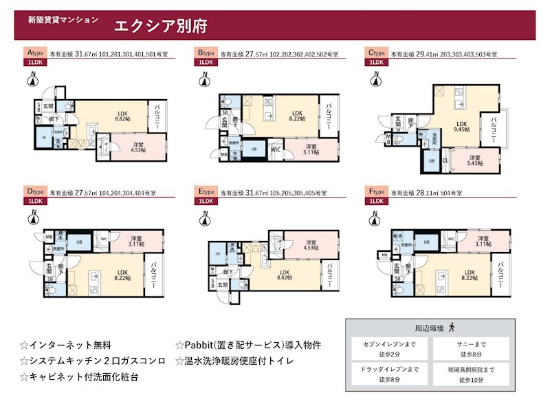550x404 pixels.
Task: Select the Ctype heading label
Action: pyautogui.click(x=376, y=52)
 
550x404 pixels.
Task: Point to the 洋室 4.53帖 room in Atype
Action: pyautogui.click(x=137, y=146)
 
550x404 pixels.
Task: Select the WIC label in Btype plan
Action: pyautogui.click(x=275, y=149)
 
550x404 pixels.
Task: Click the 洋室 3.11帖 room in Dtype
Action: pyautogui.click(x=136, y=241)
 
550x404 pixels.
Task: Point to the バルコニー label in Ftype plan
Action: pyautogui.click(x=502, y=274)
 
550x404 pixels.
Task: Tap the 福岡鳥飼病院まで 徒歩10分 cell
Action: pyautogui.click(x=473, y=374)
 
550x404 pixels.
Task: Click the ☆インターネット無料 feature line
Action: pyautogui.click(x=65, y=345)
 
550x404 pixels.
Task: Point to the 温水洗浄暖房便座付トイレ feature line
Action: pyautogui.click(x=234, y=361)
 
